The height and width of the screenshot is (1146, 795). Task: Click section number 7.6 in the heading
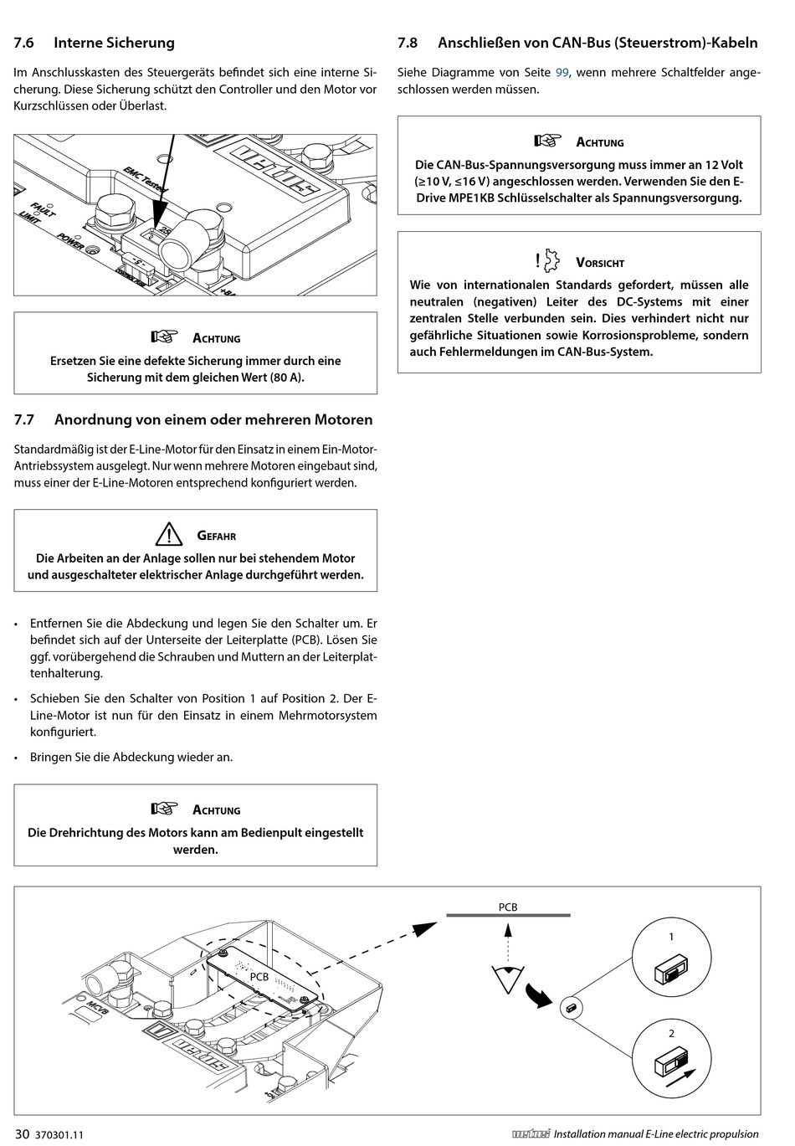pos(24,43)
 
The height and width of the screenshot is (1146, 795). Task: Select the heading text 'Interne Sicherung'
pos(114,43)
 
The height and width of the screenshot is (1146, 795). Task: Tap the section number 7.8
pos(408,43)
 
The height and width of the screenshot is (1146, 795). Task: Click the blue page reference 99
pos(562,73)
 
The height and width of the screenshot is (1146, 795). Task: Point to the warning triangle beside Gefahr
pos(168,534)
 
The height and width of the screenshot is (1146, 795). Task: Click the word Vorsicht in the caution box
pos(600,263)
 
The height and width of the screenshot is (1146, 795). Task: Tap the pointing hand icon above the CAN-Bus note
pos(548,141)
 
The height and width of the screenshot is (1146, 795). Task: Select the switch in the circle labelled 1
pos(669,973)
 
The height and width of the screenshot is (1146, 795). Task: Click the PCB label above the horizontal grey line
pos(508,907)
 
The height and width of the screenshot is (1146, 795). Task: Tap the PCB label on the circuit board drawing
pos(259,976)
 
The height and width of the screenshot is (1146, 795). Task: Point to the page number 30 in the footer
pos(22,1134)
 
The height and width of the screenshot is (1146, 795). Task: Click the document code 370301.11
pos(61,1135)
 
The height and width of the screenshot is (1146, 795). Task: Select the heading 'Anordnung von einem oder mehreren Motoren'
pos(213,419)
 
